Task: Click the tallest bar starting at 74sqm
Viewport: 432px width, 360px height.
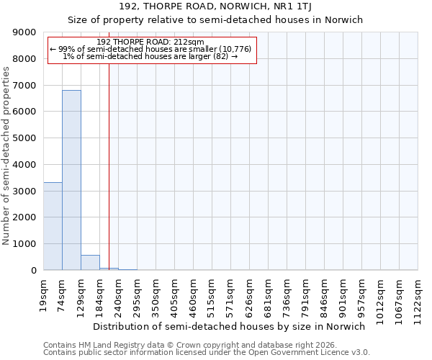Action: (x=71, y=180)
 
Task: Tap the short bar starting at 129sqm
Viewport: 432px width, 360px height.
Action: (x=90, y=263)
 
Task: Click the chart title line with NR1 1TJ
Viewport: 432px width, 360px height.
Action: (x=216, y=6)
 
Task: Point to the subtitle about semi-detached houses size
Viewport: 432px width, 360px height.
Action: (x=216, y=19)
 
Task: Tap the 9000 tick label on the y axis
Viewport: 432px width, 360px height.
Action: (x=25, y=32)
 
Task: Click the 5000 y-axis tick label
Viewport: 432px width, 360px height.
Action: (x=25, y=138)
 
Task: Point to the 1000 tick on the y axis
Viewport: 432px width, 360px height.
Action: (x=25, y=244)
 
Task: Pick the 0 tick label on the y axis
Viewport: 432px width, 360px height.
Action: (x=33, y=271)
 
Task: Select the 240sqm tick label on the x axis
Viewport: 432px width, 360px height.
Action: (x=119, y=294)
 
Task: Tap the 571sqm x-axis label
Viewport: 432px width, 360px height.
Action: (x=231, y=294)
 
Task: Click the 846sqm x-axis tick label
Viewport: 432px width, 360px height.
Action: (x=325, y=294)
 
